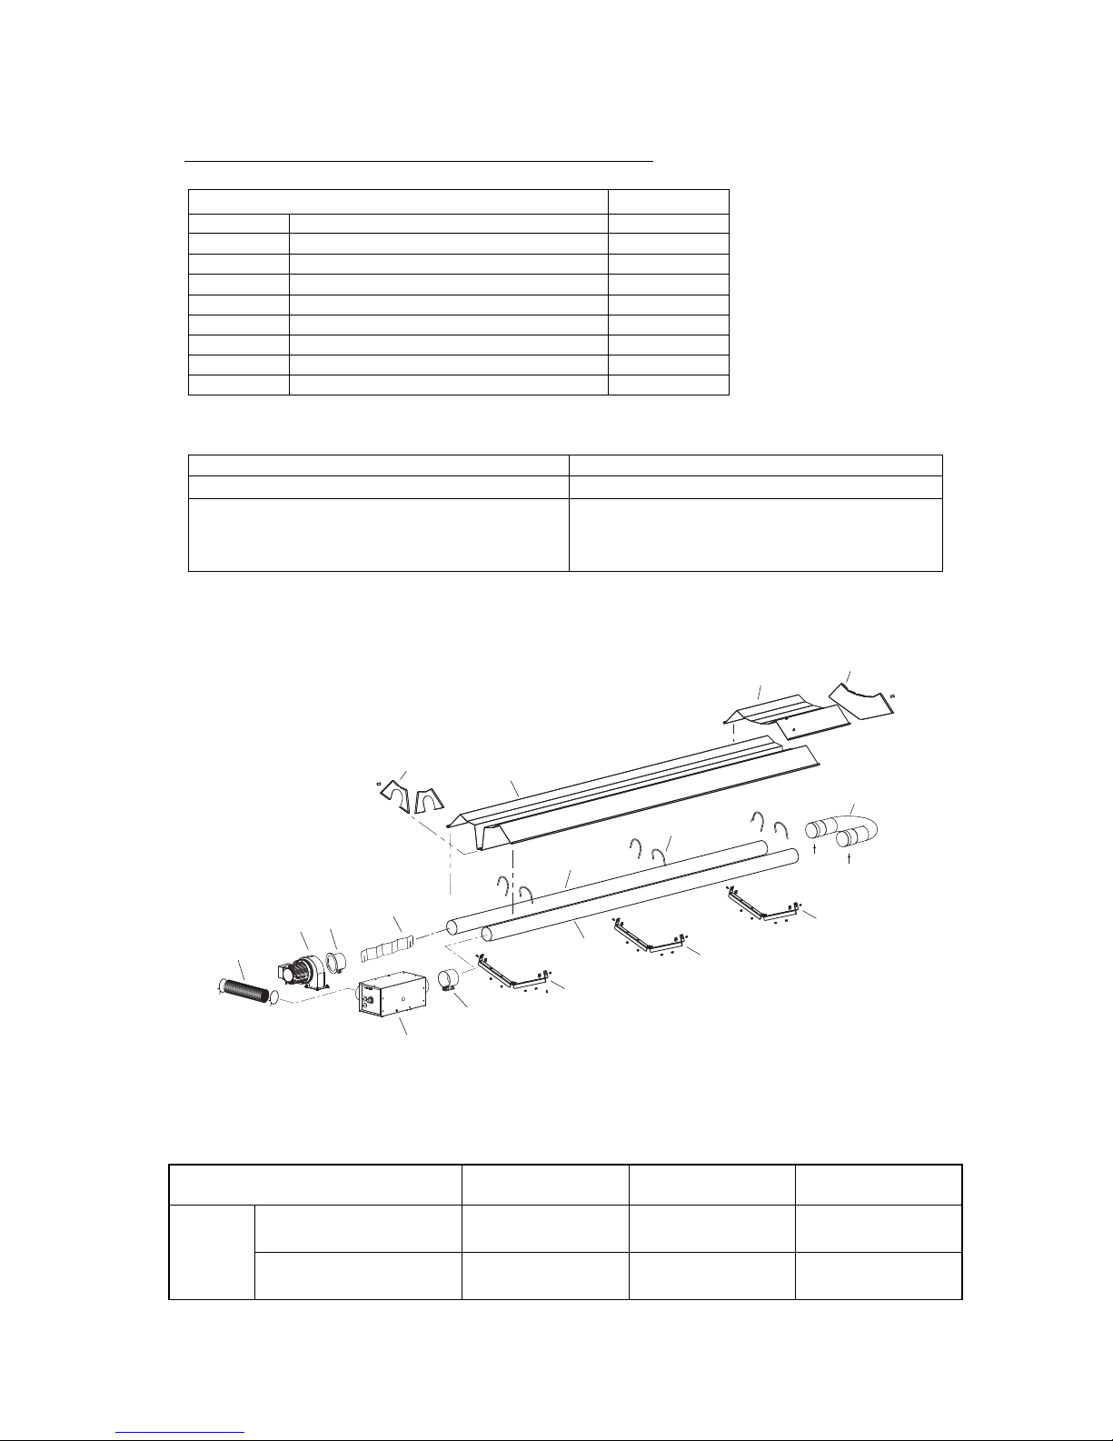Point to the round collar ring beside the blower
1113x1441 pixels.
337,962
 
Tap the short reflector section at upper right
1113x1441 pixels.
786,714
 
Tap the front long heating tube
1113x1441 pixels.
636,896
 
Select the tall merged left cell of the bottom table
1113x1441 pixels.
212,1253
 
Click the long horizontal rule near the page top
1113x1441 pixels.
419,162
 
